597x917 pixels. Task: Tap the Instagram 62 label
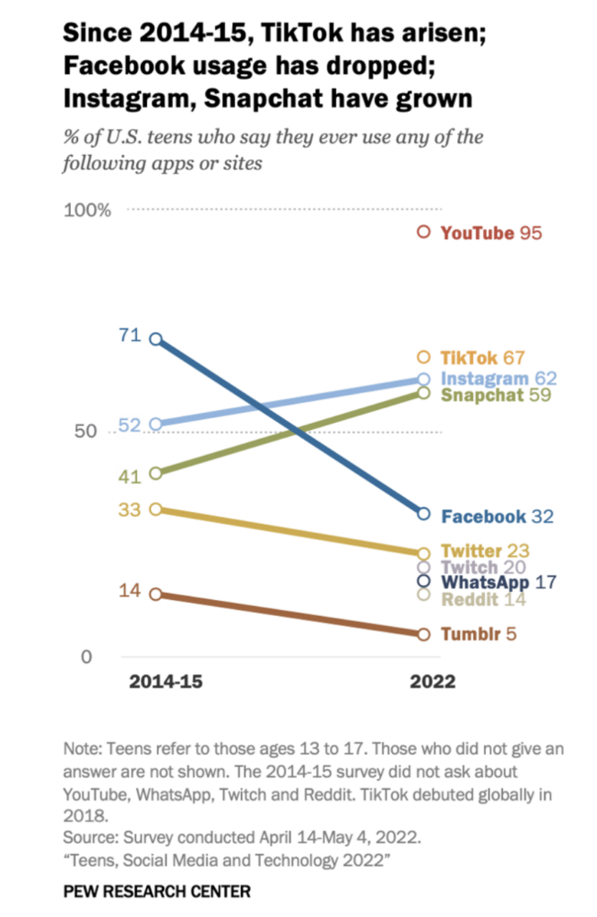coord(499,379)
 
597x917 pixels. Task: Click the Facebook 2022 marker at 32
coord(424,513)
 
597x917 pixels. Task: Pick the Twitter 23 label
coord(486,552)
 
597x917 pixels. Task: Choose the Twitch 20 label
coord(483,567)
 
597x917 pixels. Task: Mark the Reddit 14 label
coord(483,598)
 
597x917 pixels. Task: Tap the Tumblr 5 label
coord(480,634)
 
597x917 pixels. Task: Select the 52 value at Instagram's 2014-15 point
coord(130,425)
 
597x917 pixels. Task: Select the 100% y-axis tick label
coord(87,210)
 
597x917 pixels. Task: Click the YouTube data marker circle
coord(424,233)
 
